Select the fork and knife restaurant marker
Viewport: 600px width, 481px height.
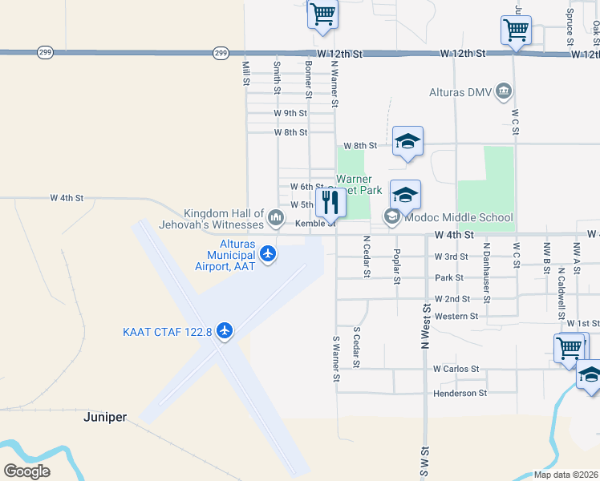[x=330, y=201]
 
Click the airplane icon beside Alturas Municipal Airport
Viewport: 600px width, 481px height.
[x=267, y=255]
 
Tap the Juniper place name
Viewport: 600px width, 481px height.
[x=105, y=418]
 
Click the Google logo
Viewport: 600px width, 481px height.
[x=26, y=471]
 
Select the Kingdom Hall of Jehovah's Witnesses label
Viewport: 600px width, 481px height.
[x=224, y=219]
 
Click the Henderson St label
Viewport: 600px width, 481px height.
[x=460, y=393]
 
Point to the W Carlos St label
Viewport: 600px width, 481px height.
[x=456, y=369]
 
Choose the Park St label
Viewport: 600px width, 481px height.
[x=449, y=277]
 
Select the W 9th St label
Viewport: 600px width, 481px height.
[x=290, y=113]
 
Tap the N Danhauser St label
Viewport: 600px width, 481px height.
[x=486, y=262]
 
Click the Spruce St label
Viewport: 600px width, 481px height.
[x=570, y=26]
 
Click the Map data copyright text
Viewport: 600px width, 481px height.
[x=566, y=475]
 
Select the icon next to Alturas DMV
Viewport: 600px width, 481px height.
[x=504, y=90]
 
